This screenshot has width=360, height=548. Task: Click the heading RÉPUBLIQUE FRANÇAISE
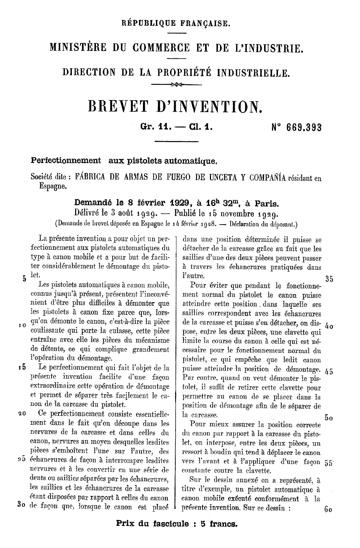(176, 24)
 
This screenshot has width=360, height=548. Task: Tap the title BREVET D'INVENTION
(174, 106)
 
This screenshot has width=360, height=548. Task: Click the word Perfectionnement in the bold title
(66, 161)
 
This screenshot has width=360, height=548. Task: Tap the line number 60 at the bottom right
(328, 510)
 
